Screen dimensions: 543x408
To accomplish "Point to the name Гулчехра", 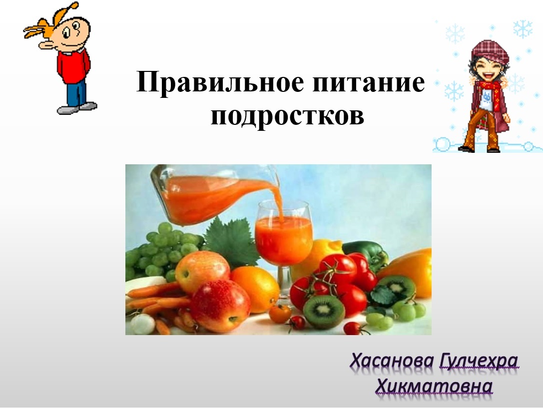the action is coord(479,362).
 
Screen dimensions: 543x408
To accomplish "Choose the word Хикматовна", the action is coord(434,386).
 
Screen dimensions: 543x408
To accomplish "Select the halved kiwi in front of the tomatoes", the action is coord(324,312).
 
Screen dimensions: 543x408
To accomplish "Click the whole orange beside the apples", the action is coord(255,289).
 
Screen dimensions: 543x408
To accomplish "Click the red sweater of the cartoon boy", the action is coord(73,66).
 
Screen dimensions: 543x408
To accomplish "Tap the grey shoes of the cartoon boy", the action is coord(77,108).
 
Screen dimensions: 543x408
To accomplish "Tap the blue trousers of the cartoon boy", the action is coord(76,92).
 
